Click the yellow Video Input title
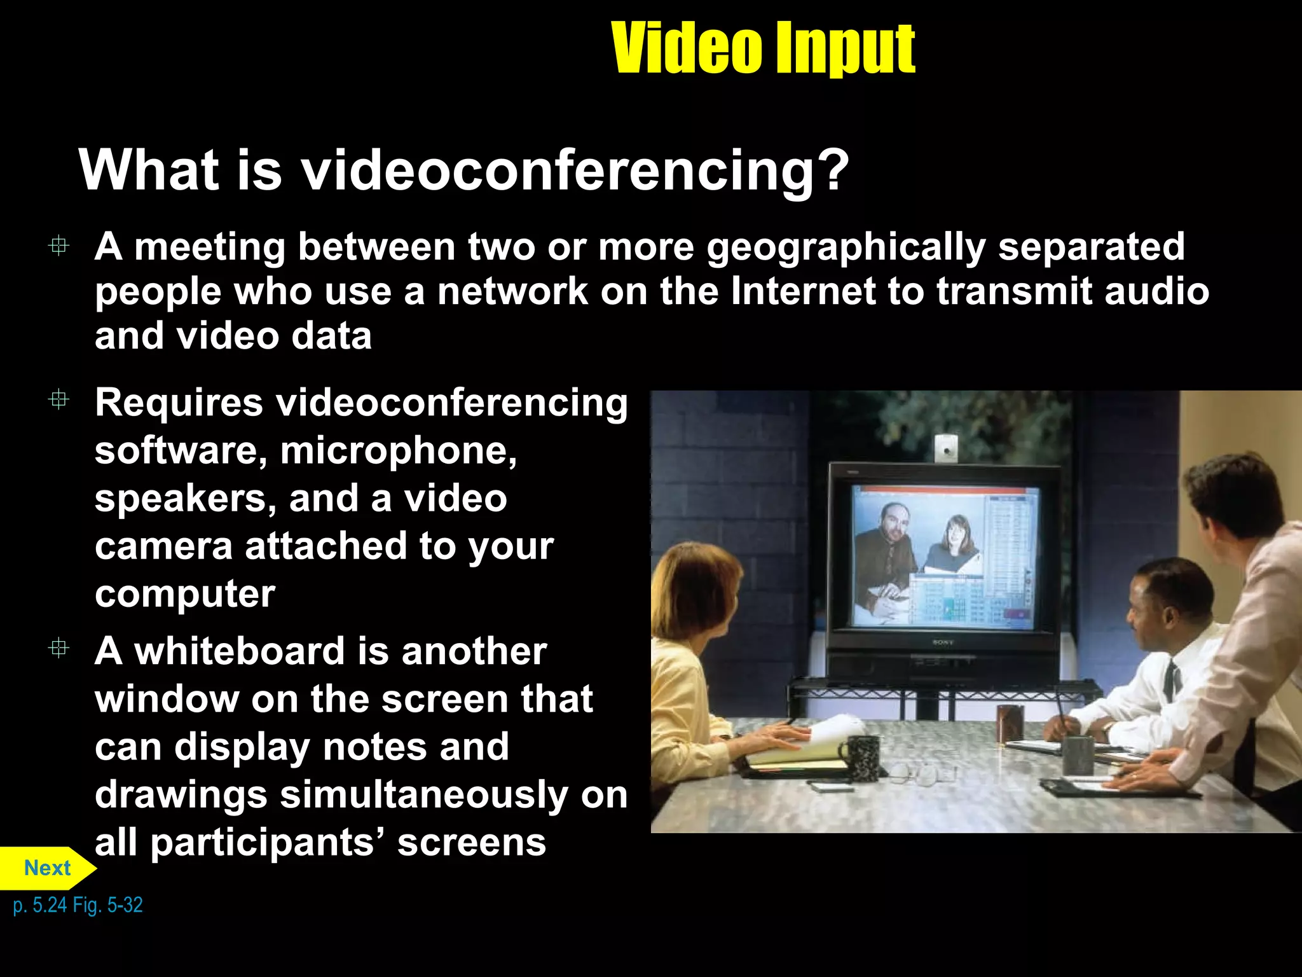tap(762, 48)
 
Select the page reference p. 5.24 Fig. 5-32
tap(78, 904)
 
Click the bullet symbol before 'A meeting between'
tap(58, 246)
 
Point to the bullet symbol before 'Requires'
tap(58, 399)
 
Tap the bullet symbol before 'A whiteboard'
tap(58, 648)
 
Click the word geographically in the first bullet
tap(846, 247)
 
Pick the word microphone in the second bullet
tap(398, 451)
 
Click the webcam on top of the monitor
tap(946, 448)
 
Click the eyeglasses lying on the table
tap(915, 773)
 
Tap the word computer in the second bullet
tap(185, 594)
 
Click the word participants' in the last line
tap(268, 843)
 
